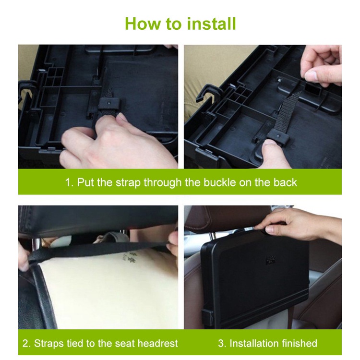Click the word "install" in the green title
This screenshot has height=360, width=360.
(x=211, y=24)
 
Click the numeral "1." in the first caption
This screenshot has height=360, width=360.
(x=69, y=182)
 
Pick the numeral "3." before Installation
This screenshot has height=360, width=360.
(x=222, y=344)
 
